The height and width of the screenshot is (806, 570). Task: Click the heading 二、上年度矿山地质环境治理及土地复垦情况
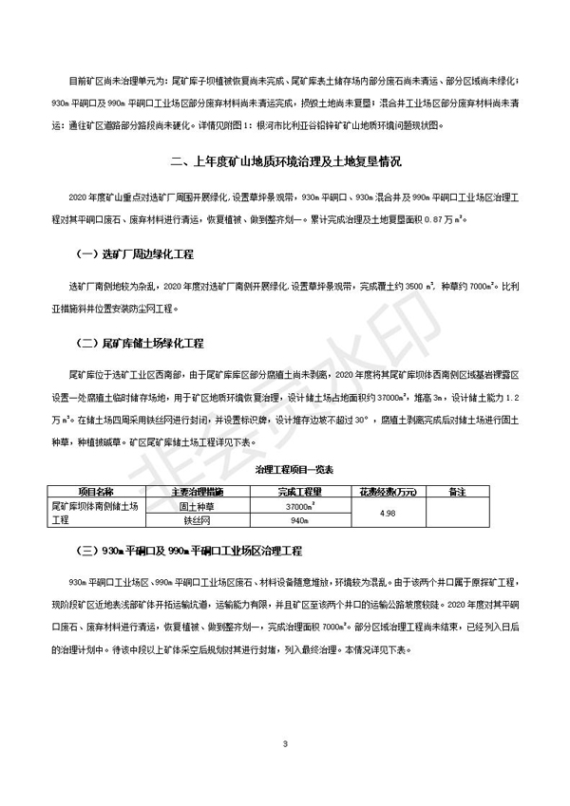(x=284, y=160)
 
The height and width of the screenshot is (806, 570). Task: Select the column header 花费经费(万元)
(x=386, y=492)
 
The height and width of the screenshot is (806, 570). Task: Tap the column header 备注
(x=458, y=492)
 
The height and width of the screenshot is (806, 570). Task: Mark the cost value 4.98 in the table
(x=386, y=514)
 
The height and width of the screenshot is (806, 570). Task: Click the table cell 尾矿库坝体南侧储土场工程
(x=95, y=514)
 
